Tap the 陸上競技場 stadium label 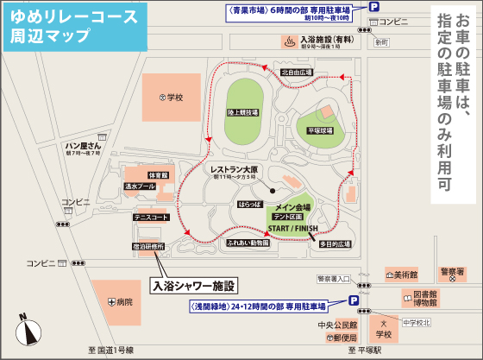[240, 112]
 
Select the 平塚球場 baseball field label [321, 131]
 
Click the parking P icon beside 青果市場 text [373, 7]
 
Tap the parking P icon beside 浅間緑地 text [354, 300]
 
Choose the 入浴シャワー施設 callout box [194, 284]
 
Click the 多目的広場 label [334, 244]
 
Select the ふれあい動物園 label [248, 244]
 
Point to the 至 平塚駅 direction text [365, 351]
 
